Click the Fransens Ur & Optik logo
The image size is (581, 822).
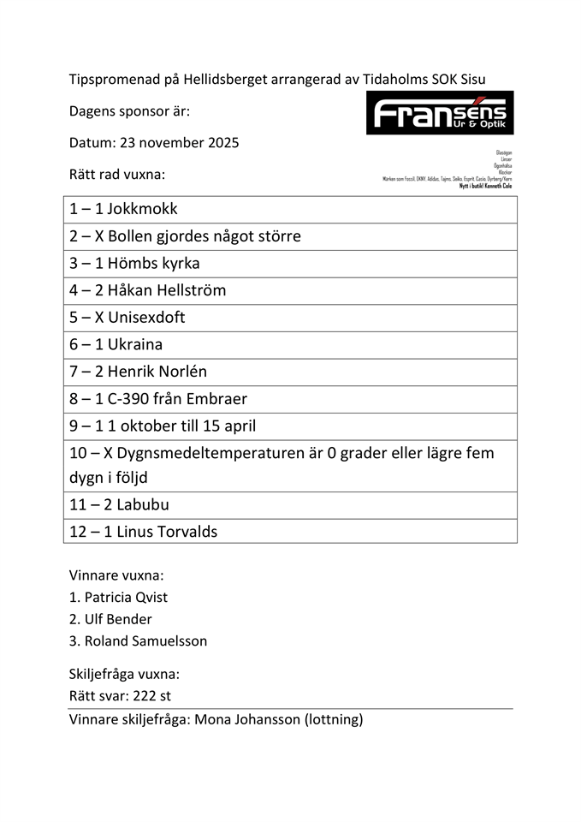(x=440, y=113)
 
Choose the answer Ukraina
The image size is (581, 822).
(x=135, y=344)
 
